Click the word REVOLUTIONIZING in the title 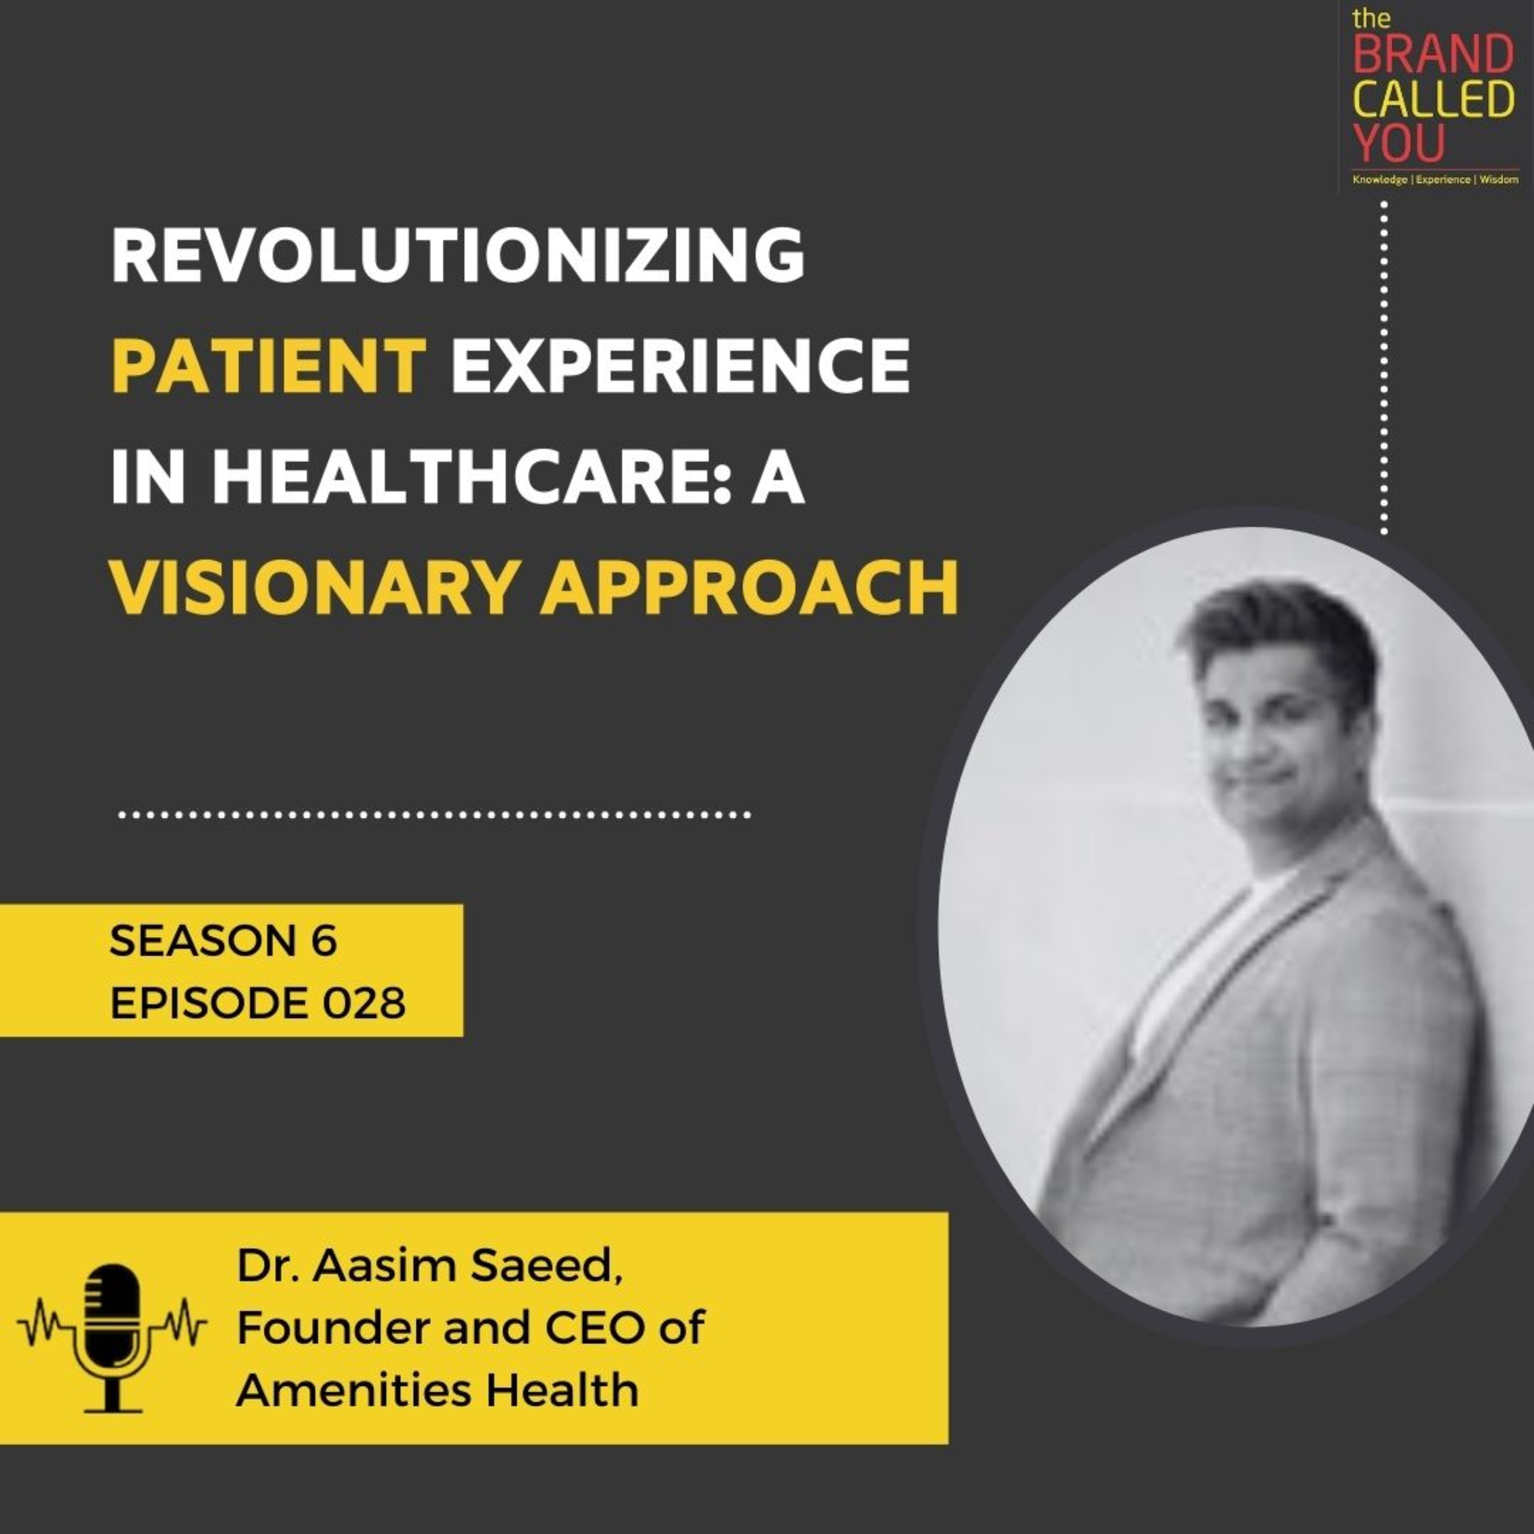[x=458, y=256]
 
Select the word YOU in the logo [x=1399, y=144]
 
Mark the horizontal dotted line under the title [x=434, y=815]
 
